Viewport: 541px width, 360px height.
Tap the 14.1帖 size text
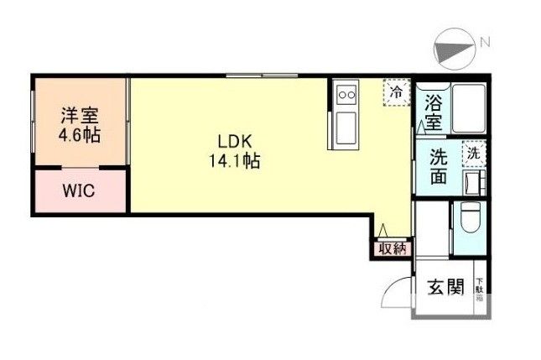point(234,162)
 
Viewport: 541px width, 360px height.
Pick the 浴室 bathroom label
point(433,113)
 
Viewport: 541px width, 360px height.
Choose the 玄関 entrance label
point(446,287)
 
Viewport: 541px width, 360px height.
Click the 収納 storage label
point(391,248)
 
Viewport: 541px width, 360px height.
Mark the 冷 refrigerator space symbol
point(394,91)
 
